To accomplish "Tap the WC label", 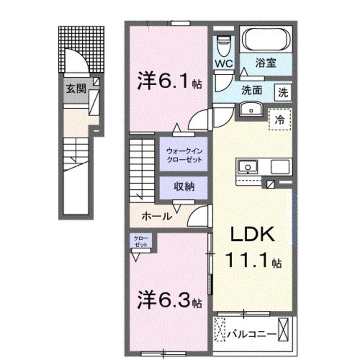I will [x=224, y=64].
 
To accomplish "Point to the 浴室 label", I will [x=266, y=63].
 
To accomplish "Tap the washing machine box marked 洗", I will [x=283, y=92].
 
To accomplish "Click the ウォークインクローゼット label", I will [x=184, y=155].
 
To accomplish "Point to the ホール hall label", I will [x=156, y=216].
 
